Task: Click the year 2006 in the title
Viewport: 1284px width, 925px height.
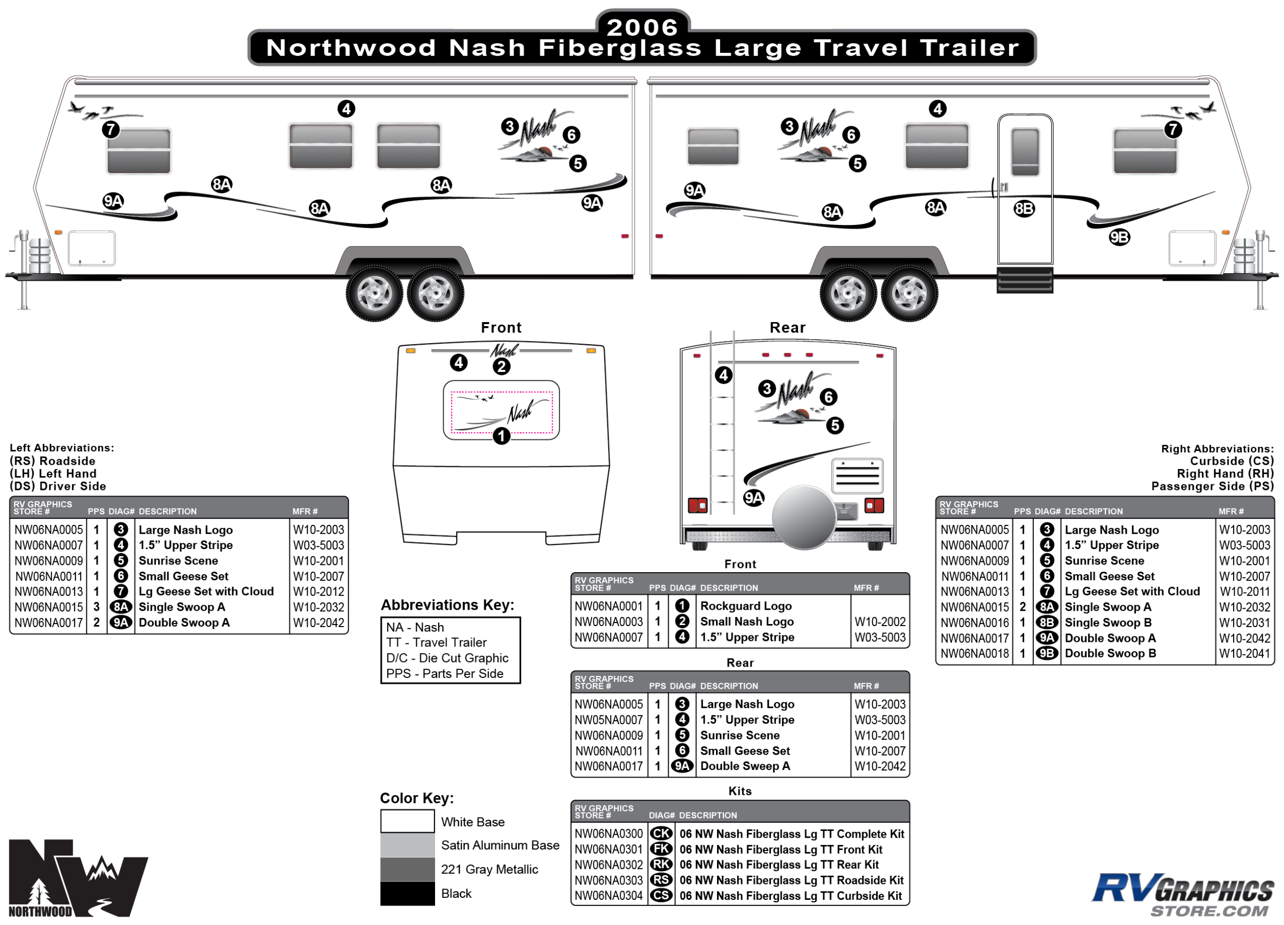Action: click(x=642, y=27)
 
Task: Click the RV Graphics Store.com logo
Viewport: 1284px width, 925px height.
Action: click(x=1183, y=894)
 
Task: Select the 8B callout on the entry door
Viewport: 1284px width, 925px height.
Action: click(x=1024, y=209)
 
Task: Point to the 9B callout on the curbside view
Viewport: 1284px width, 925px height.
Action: click(x=1119, y=237)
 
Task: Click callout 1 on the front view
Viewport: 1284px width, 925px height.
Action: click(x=501, y=436)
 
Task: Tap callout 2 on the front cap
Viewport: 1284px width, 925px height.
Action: click(x=501, y=367)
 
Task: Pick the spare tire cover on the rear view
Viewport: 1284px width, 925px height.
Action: click(x=804, y=517)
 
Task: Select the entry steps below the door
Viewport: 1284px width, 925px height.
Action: click(x=1025, y=280)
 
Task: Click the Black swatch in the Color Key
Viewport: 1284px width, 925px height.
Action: click(x=407, y=894)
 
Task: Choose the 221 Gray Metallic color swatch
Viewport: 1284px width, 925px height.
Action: click(x=407, y=870)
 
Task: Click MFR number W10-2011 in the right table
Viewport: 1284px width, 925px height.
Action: click(x=1244, y=592)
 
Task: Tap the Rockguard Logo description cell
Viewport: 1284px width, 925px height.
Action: click(x=746, y=606)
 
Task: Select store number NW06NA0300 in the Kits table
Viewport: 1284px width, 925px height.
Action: click(x=609, y=834)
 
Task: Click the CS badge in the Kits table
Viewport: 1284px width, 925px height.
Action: click(x=660, y=896)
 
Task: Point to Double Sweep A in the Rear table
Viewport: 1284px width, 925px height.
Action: click(x=745, y=766)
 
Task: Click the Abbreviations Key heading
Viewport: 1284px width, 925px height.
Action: click(x=447, y=605)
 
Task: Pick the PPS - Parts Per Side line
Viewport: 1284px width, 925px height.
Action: click(x=444, y=674)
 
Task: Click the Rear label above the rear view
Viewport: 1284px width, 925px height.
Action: click(x=787, y=328)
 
